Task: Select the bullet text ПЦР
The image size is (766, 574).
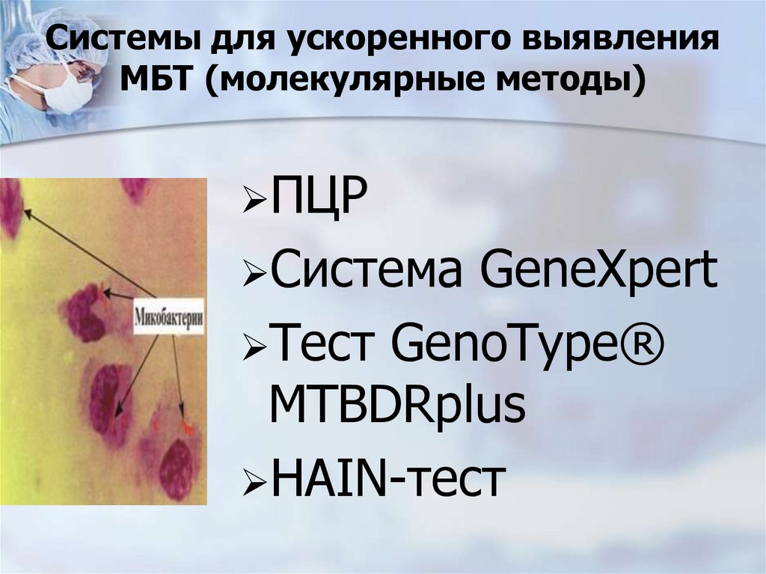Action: coord(318,202)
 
